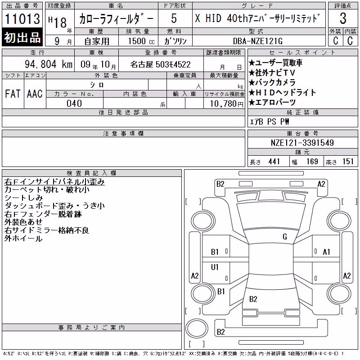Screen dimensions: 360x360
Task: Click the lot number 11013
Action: (x=22, y=18)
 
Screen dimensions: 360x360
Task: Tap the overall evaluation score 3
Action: (x=343, y=18)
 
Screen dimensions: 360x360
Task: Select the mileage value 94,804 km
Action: (x=49, y=64)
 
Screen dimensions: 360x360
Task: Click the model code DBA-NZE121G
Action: (x=258, y=41)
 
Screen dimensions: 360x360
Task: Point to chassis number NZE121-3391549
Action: (x=302, y=143)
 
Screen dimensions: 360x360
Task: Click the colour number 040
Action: (x=74, y=103)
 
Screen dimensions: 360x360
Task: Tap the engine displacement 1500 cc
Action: (x=141, y=41)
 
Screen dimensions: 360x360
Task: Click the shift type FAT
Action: (x=13, y=94)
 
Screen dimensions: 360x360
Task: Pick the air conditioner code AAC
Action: (x=35, y=94)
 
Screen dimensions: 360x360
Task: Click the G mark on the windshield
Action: (x=285, y=237)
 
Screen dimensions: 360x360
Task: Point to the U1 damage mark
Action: (x=215, y=267)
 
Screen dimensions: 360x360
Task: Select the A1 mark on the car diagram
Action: (x=326, y=252)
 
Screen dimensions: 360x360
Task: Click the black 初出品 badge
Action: (x=22, y=37)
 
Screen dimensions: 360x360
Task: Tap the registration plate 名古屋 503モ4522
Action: (x=161, y=64)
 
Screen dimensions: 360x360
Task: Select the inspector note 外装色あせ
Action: (x=23, y=222)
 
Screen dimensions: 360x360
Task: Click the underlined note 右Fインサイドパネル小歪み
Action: (x=54, y=182)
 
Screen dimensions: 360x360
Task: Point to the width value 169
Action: (x=312, y=162)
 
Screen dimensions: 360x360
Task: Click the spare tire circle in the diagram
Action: (x=197, y=328)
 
